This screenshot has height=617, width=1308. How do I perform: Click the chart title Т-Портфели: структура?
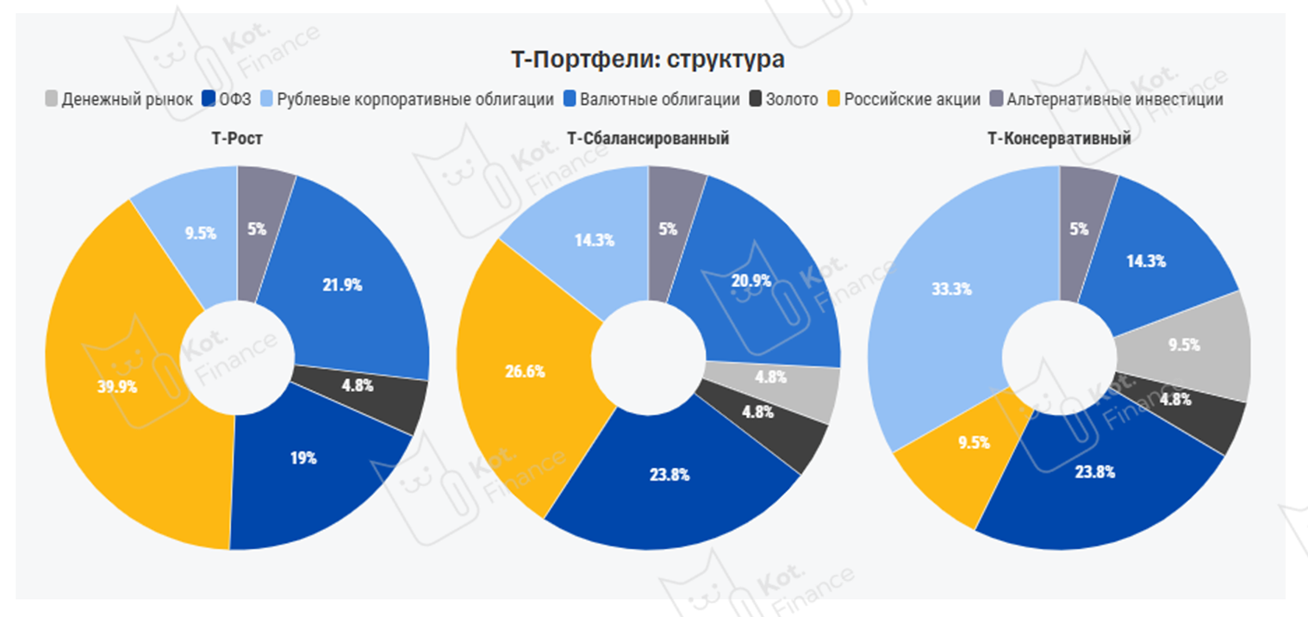pyautogui.click(x=647, y=60)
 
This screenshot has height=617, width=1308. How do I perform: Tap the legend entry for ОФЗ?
pyautogui.click(x=227, y=99)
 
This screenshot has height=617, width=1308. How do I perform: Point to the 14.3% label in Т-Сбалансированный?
pyautogui.click(x=595, y=241)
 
